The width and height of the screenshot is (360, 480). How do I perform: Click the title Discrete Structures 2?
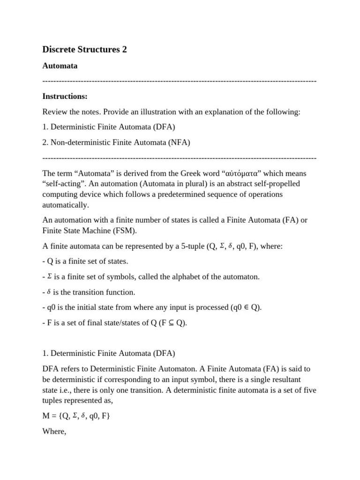pyautogui.click(x=84, y=49)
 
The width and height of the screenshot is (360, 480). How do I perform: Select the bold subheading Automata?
pyautogui.click(x=60, y=66)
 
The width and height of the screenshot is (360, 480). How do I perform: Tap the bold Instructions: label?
pyautogui.click(x=65, y=97)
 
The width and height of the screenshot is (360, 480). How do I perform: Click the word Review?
pyautogui.click(x=54, y=112)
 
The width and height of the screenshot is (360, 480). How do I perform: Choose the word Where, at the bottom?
pyautogui.click(x=54, y=431)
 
